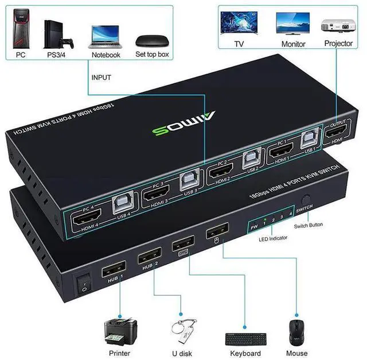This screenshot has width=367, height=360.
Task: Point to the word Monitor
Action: coord(294,44)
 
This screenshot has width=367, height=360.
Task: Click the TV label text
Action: coord(239,44)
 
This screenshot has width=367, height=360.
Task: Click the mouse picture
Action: coord(297,333)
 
